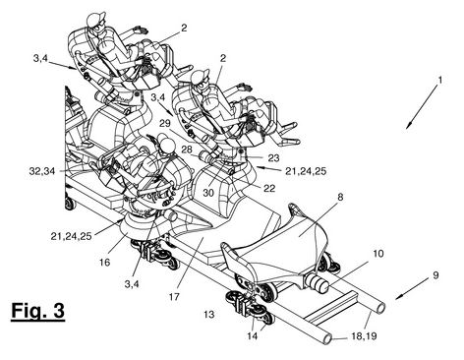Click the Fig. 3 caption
(37, 310)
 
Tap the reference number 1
(440, 80)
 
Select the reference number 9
(435, 274)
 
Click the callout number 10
(377, 254)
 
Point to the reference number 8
(340, 198)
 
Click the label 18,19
(364, 335)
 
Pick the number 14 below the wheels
(253, 335)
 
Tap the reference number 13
(208, 315)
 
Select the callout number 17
(174, 296)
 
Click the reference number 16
(104, 262)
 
